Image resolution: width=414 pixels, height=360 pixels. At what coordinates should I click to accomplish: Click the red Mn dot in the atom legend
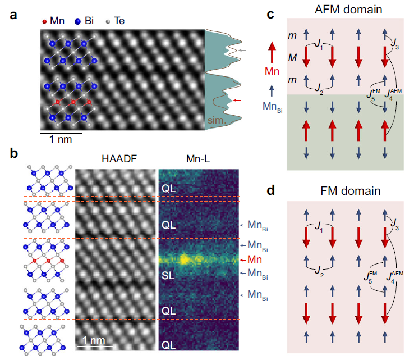point(45,21)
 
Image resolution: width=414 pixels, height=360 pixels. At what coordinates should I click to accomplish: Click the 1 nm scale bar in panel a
point(61,133)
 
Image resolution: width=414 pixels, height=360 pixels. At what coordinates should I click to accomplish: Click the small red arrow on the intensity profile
point(239,100)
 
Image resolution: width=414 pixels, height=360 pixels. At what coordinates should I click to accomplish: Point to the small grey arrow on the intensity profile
point(242,51)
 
